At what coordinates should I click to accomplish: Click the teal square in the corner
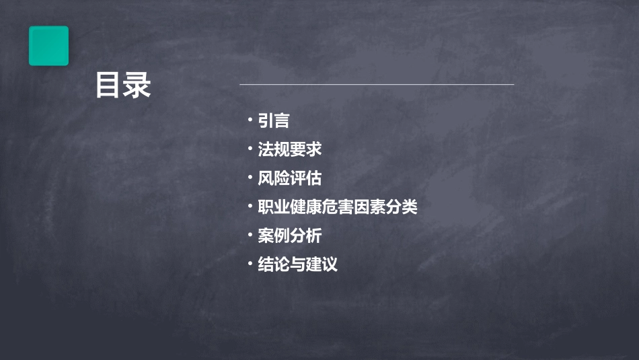coord(48,46)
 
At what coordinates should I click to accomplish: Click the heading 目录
coord(123,85)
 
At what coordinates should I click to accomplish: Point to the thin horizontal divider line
coord(377,85)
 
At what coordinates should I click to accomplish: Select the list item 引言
coord(274,120)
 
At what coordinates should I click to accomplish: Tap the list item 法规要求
coord(290,149)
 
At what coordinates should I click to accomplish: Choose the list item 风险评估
coord(290,178)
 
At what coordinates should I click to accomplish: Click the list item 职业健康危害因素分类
coord(338,207)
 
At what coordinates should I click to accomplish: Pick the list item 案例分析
coord(290,236)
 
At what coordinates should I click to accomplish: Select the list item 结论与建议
coord(297,264)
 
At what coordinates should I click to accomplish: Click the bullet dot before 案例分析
coord(250,235)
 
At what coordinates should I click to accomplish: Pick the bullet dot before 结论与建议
coord(250,264)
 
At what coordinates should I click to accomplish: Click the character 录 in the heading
coord(138,85)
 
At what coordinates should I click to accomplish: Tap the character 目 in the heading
coord(108,85)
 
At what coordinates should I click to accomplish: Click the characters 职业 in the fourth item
coord(274,207)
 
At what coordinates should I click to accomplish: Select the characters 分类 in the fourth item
coord(402,207)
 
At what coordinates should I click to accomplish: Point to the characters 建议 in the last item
coord(322,264)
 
